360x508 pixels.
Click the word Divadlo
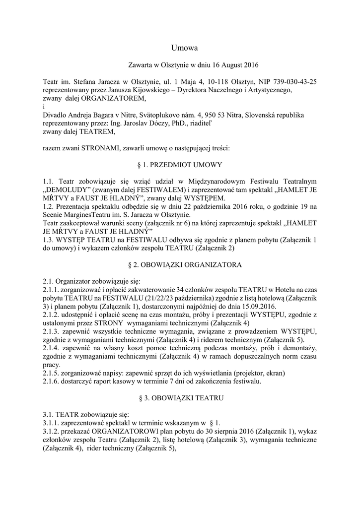coord(55,115)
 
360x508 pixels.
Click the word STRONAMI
coord(92,148)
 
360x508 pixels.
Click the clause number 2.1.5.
coord(52,373)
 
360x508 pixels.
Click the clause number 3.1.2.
coord(52,432)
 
